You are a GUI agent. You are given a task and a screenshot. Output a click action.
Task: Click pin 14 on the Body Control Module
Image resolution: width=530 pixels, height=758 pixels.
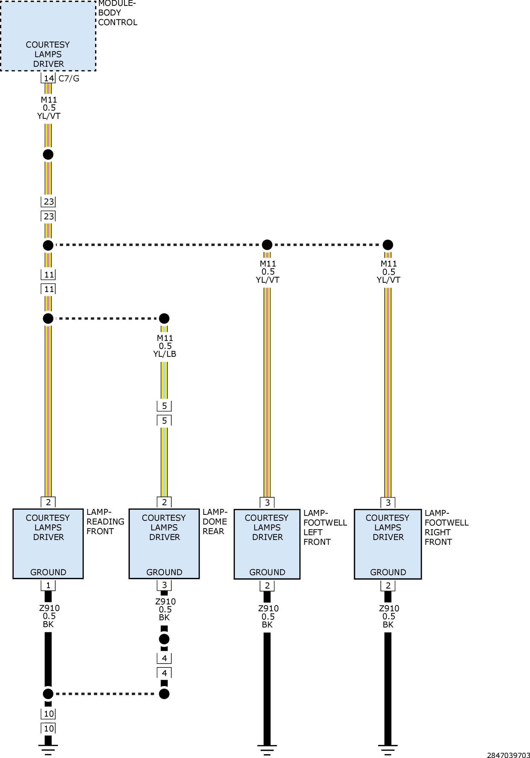coord(49,78)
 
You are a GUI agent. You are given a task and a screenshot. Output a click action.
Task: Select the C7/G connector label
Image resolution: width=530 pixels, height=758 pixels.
coord(69,79)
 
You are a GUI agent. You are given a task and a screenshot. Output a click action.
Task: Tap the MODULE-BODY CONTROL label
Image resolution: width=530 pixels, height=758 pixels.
coord(117,13)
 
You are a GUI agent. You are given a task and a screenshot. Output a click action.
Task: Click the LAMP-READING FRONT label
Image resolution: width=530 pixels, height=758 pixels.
coord(105,521)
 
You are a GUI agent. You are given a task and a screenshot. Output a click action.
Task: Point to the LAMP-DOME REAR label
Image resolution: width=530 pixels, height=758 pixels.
coord(215,521)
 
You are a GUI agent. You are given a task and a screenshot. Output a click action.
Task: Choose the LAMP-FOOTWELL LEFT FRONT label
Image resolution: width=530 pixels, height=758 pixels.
coord(325,527)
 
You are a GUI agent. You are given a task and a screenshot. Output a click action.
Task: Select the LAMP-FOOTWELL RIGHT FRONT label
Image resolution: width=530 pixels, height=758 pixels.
coord(446,527)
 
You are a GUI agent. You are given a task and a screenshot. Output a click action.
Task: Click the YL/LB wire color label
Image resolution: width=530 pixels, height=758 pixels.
coord(165,354)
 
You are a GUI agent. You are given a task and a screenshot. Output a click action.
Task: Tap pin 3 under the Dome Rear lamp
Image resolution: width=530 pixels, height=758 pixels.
coord(164,585)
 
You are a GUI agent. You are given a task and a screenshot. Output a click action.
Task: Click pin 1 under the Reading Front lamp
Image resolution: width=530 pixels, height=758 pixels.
coord(48,585)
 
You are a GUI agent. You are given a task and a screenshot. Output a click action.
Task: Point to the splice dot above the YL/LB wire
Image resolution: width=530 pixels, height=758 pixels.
coord(164,318)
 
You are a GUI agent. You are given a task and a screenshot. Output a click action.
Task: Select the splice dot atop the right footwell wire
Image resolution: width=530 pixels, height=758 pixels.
coord(388,245)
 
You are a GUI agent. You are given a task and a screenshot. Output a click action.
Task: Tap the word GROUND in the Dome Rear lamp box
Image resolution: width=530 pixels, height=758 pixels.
coord(164,572)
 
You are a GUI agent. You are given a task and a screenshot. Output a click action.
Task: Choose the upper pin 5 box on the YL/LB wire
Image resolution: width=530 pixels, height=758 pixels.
coord(164,406)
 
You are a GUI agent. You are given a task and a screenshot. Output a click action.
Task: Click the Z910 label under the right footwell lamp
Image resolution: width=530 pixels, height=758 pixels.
coord(389,609)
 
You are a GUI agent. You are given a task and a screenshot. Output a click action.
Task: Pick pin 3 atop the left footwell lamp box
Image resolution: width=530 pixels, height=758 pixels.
coord(267,503)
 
